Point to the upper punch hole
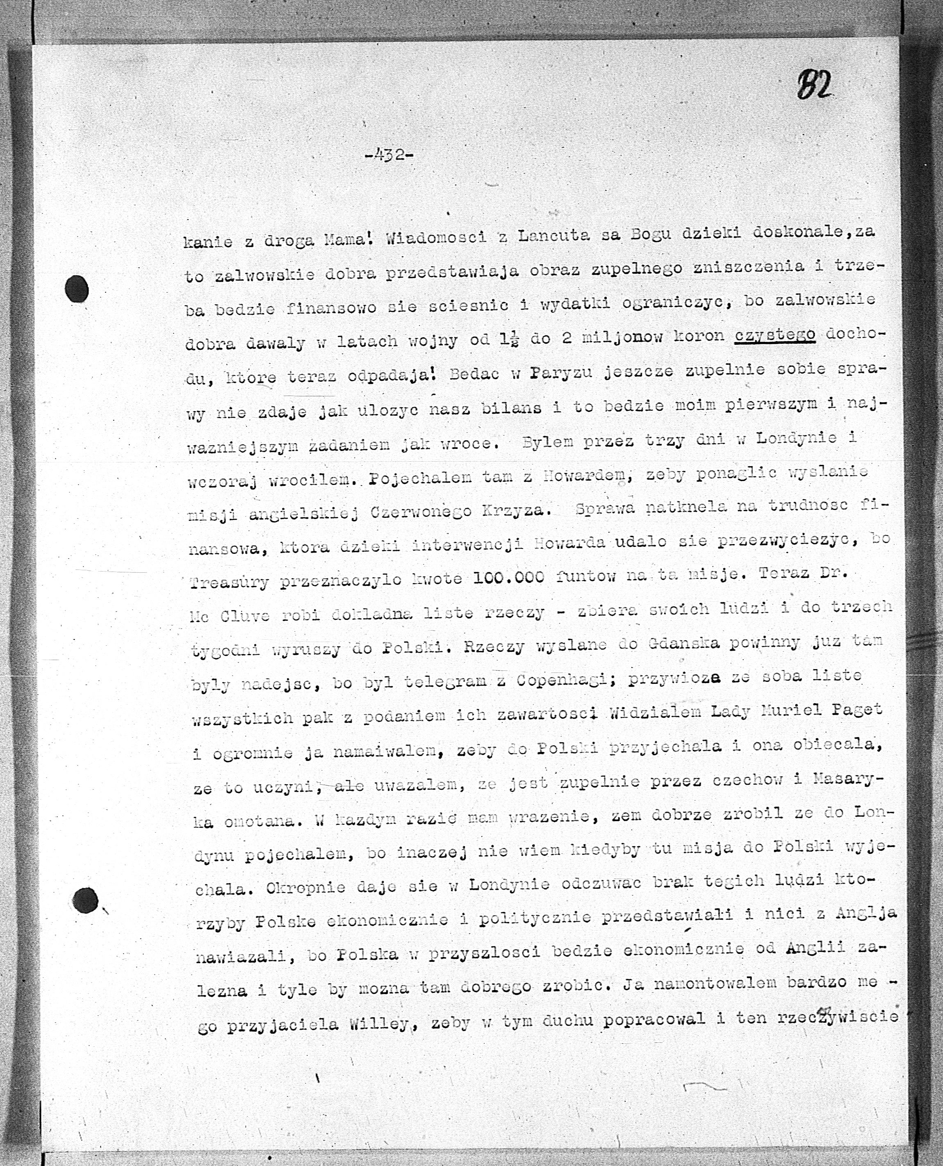76,289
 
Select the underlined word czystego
775,336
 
